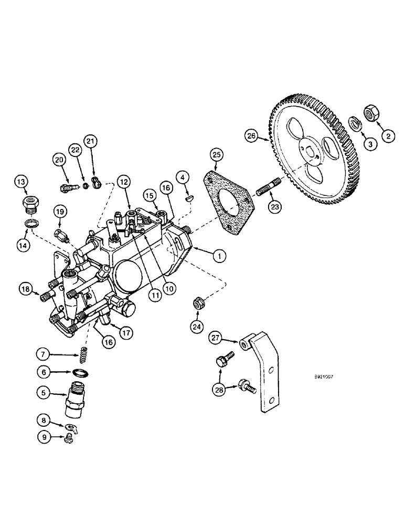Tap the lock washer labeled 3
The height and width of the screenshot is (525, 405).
[x=355, y=124]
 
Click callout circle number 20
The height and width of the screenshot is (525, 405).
[x=59, y=159]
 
